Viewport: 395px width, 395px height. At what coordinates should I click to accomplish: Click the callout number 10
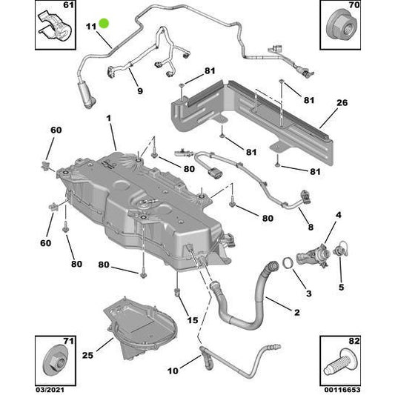pos(173,370)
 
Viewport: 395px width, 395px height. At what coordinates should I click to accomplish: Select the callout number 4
pos(338,216)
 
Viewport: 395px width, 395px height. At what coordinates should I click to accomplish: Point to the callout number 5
pos(341,287)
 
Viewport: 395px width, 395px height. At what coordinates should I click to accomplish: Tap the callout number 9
pos(139,93)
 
